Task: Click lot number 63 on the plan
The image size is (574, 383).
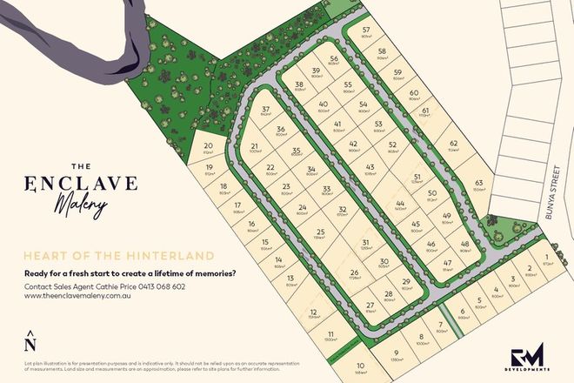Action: click(x=477, y=185)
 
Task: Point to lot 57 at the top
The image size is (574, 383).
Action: click(x=366, y=32)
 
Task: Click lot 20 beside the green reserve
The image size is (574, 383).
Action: click(x=208, y=148)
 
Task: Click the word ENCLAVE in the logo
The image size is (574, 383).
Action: click(x=81, y=184)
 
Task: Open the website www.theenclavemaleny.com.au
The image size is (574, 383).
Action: click(x=78, y=296)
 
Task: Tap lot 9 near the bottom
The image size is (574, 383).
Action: click(x=394, y=354)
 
